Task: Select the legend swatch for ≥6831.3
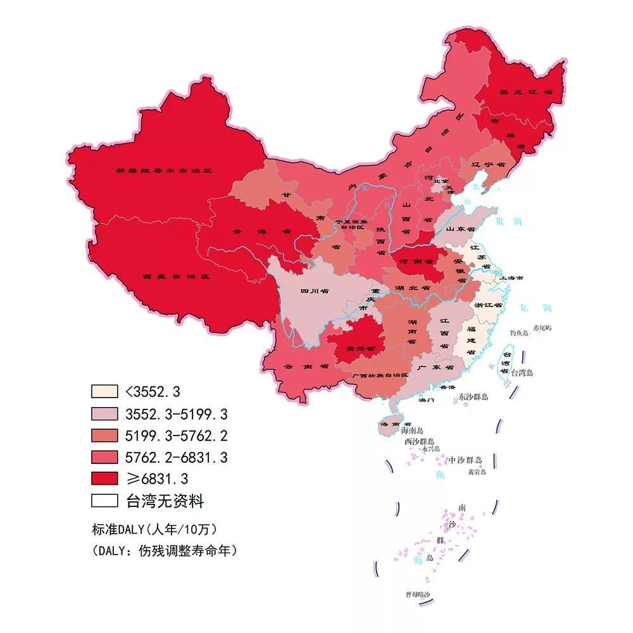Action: tap(104, 479)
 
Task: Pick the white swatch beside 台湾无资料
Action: tap(104, 501)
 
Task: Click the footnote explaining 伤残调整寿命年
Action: tap(165, 551)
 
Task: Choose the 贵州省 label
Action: tap(361, 349)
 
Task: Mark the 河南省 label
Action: tap(415, 261)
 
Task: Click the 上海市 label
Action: tap(511, 278)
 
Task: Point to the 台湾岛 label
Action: tap(522, 373)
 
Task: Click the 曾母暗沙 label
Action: tap(418, 594)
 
